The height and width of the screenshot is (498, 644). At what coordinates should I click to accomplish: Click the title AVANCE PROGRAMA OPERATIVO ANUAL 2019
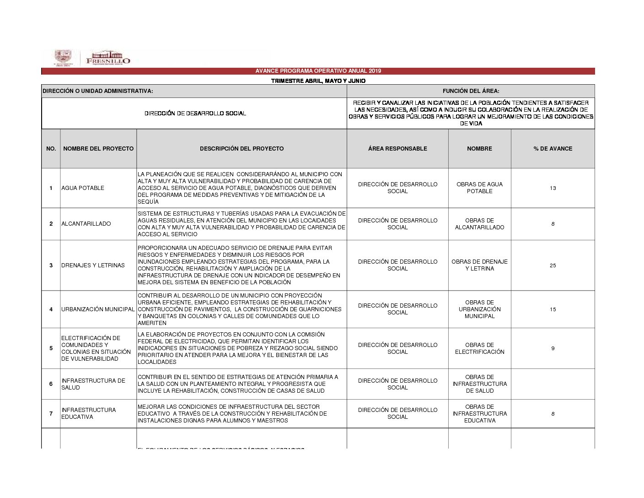[x=318, y=71]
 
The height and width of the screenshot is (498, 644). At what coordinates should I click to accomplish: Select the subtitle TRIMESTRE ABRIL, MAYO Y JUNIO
[x=318, y=81]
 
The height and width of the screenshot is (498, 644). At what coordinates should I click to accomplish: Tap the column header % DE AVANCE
[x=553, y=149]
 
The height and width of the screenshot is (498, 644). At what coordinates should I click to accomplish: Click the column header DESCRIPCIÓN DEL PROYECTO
[x=241, y=149]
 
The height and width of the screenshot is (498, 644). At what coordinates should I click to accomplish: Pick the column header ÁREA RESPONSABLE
[x=397, y=149]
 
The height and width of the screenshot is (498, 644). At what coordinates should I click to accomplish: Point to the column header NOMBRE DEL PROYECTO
[x=98, y=149]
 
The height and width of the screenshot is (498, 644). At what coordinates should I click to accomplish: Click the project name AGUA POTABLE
[x=83, y=188]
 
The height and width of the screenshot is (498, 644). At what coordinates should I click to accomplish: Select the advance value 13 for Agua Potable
[x=553, y=188]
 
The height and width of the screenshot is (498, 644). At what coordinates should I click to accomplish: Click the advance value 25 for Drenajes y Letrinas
[x=553, y=265]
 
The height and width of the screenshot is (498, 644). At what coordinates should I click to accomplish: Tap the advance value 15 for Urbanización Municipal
[x=553, y=309]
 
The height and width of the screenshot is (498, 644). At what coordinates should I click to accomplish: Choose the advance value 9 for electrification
[x=553, y=348]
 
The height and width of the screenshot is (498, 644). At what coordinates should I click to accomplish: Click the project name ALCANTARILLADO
[x=86, y=224]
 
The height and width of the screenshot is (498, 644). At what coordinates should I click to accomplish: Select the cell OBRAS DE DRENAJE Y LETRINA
[x=479, y=265]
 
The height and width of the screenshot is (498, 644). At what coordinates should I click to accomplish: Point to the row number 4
[x=51, y=309]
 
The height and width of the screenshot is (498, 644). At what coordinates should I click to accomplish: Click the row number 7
[x=51, y=414]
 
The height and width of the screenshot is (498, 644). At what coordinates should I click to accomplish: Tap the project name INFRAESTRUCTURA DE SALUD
[x=93, y=384]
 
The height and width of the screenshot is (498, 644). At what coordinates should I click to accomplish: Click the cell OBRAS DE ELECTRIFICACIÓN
[x=479, y=348]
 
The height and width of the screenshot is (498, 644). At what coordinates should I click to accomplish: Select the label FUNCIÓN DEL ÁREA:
[x=471, y=91]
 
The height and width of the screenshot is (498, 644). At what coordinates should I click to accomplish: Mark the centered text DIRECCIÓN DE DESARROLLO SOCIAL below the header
[x=195, y=114]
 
